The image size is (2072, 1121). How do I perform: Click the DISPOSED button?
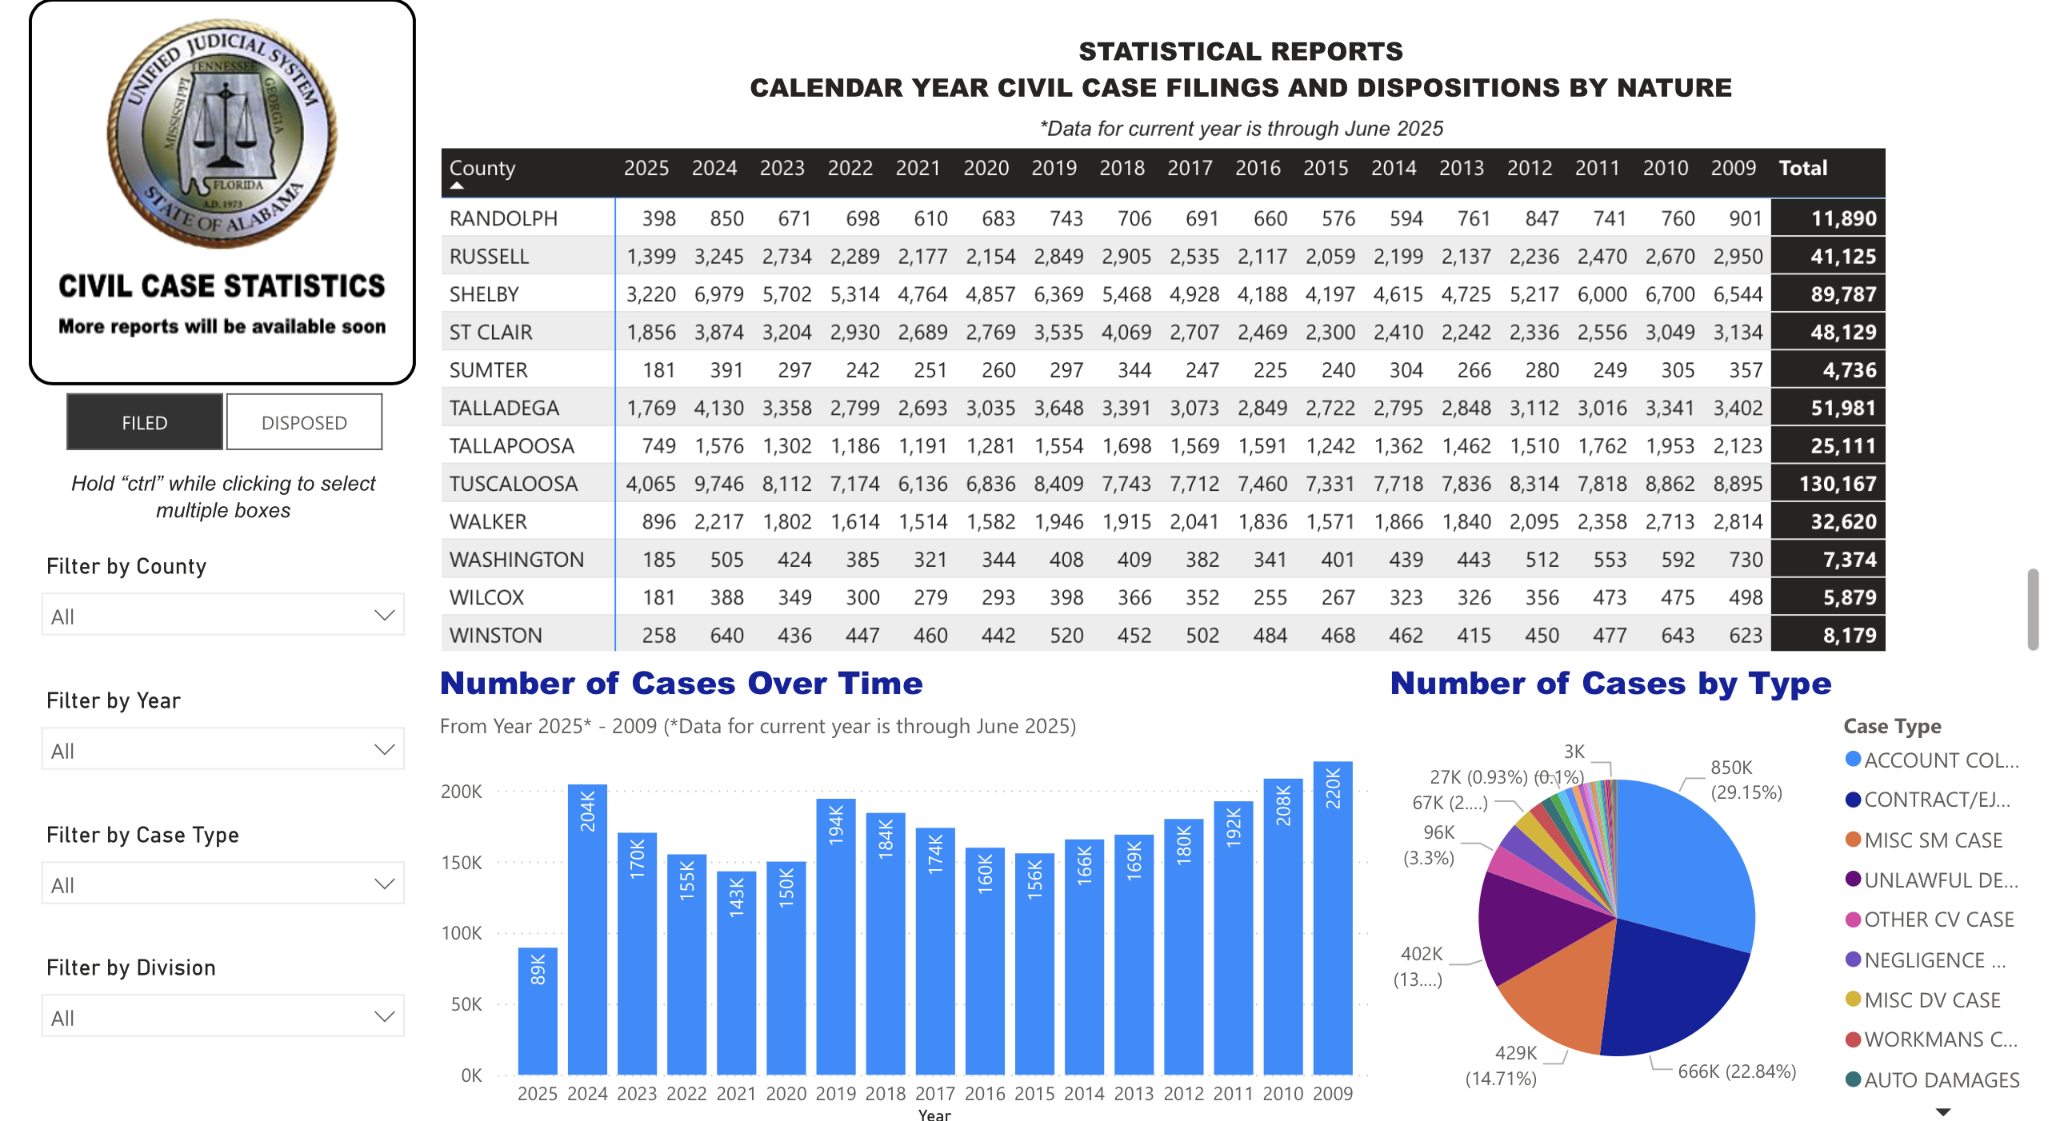coord(304,422)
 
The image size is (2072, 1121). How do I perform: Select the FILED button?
coord(145,422)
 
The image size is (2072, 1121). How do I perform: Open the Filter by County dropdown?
coord(223,616)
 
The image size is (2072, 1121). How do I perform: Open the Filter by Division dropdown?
coord(223,1017)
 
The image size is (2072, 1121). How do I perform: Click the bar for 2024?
coord(587,933)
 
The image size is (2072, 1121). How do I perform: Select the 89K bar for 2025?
coord(538,1013)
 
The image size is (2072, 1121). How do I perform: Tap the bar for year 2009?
coord(1332,925)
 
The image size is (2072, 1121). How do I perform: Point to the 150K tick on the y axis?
coord(462,863)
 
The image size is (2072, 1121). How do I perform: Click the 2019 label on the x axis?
coord(836,1094)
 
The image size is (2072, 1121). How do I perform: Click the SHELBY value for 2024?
coord(718,294)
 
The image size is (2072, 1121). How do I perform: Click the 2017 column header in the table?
coord(1190,168)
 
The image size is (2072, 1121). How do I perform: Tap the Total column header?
coord(1802,168)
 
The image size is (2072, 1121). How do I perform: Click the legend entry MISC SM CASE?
coord(1932,840)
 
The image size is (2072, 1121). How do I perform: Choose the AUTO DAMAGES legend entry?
coord(1940,1080)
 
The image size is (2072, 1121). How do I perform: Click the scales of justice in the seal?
coord(226,129)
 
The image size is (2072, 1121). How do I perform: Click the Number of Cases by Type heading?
coord(1610,684)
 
